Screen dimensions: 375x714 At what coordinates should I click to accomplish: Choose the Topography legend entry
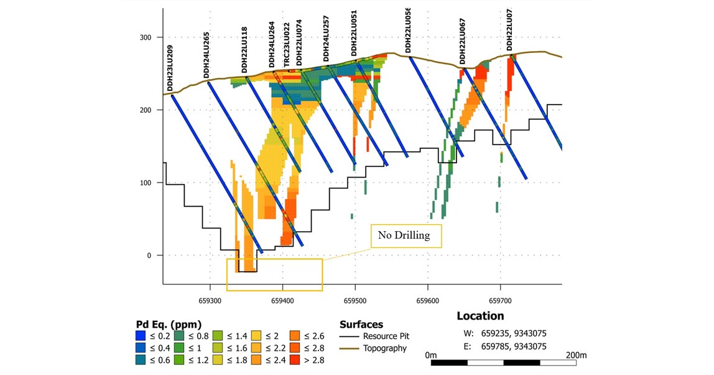pos(374,348)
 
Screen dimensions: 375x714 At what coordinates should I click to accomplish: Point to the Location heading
pos(480,316)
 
